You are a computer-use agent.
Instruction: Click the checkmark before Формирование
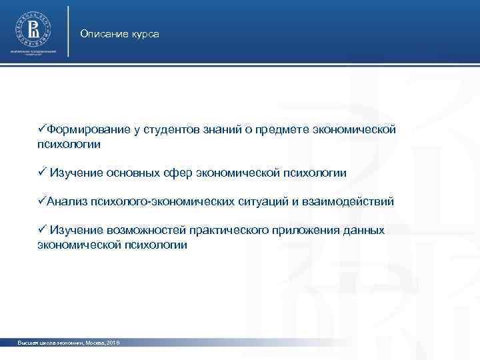pos(42,129)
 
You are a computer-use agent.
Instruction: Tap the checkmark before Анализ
pos(42,201)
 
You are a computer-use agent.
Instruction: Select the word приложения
pos(306,230)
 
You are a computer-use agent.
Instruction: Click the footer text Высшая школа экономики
pos(45,343)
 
